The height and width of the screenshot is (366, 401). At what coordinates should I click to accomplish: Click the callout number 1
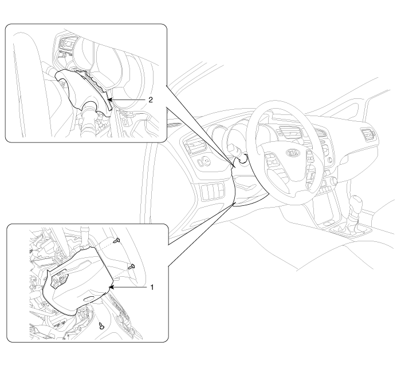coord(152,288)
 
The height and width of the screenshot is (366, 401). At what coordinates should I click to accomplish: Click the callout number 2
coord(151,100)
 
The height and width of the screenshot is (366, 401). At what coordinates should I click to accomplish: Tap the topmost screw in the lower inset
coord(117,240)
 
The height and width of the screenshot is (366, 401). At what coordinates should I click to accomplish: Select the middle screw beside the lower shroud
coord(132,266)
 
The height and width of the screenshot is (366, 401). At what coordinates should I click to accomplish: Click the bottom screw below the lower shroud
coord(102,325)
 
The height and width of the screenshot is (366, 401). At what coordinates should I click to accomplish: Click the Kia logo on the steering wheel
coord(292,153)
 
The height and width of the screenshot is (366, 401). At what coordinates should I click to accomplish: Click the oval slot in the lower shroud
coord(89,299)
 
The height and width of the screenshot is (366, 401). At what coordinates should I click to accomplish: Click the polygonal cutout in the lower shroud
coord(60,279)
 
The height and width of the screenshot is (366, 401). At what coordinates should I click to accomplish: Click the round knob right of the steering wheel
coord(333,181)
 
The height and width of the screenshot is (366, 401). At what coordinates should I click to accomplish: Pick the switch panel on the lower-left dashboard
coord(213,192)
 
